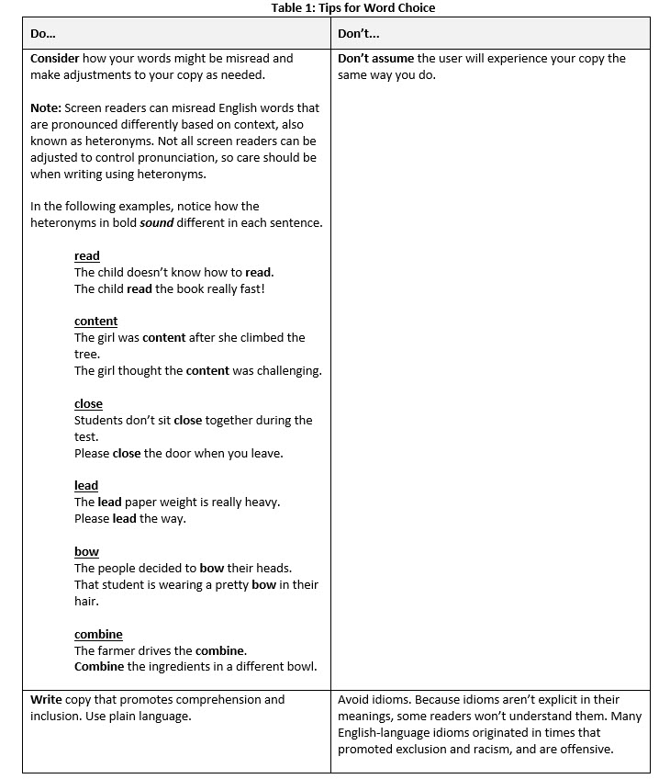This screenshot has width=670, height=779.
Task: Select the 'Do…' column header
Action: click(x=43, y=33)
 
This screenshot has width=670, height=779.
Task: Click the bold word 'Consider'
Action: click(x=55, y=58)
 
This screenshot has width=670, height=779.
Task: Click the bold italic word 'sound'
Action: click(x=156, y=222)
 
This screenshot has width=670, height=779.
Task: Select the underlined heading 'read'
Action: click(x=87, y=255)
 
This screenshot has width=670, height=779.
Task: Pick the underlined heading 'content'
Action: click(x=96, y=321)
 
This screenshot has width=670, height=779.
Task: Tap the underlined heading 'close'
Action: click(x=89, y=403)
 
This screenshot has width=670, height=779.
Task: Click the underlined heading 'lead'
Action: click(x=86, y=485)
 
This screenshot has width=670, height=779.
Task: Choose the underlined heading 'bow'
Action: click(x=86, y=551)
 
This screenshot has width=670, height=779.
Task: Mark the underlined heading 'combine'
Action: click(x=98, y=634)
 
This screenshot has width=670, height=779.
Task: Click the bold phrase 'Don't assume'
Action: click(x=375, y=58)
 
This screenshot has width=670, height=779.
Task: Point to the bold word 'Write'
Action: click(x=46, y=699)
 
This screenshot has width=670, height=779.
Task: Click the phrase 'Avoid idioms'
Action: click(x=373, y=699)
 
